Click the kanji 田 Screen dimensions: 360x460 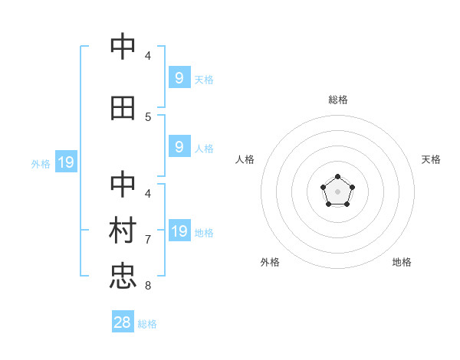[123, 108]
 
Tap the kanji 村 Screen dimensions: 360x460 [123, 231]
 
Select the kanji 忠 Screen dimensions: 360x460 [123, 277]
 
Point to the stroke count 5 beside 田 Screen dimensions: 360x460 [148, 116]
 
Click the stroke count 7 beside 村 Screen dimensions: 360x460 [148, 239]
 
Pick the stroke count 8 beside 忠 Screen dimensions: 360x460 [148, 286]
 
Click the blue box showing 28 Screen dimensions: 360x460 [123, 322]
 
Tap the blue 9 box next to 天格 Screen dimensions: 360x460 [179, 77]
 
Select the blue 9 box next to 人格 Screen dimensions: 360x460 [179, 147]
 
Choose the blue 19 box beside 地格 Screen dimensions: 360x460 [179, 231]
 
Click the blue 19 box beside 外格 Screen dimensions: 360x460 [65, 162]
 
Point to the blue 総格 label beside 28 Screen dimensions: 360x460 [147, 324]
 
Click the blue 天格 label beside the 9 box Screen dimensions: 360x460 [204, 79]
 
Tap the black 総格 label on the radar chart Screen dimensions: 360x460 [338, 100]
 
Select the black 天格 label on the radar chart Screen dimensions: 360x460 [431, 159]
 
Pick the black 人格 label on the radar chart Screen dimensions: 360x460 [245, 159]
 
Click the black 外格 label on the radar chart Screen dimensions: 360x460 [270, 262]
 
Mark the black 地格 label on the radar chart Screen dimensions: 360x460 [402, 262]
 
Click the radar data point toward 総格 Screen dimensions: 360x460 [337, 178]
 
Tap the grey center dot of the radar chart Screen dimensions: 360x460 [337, 191]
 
